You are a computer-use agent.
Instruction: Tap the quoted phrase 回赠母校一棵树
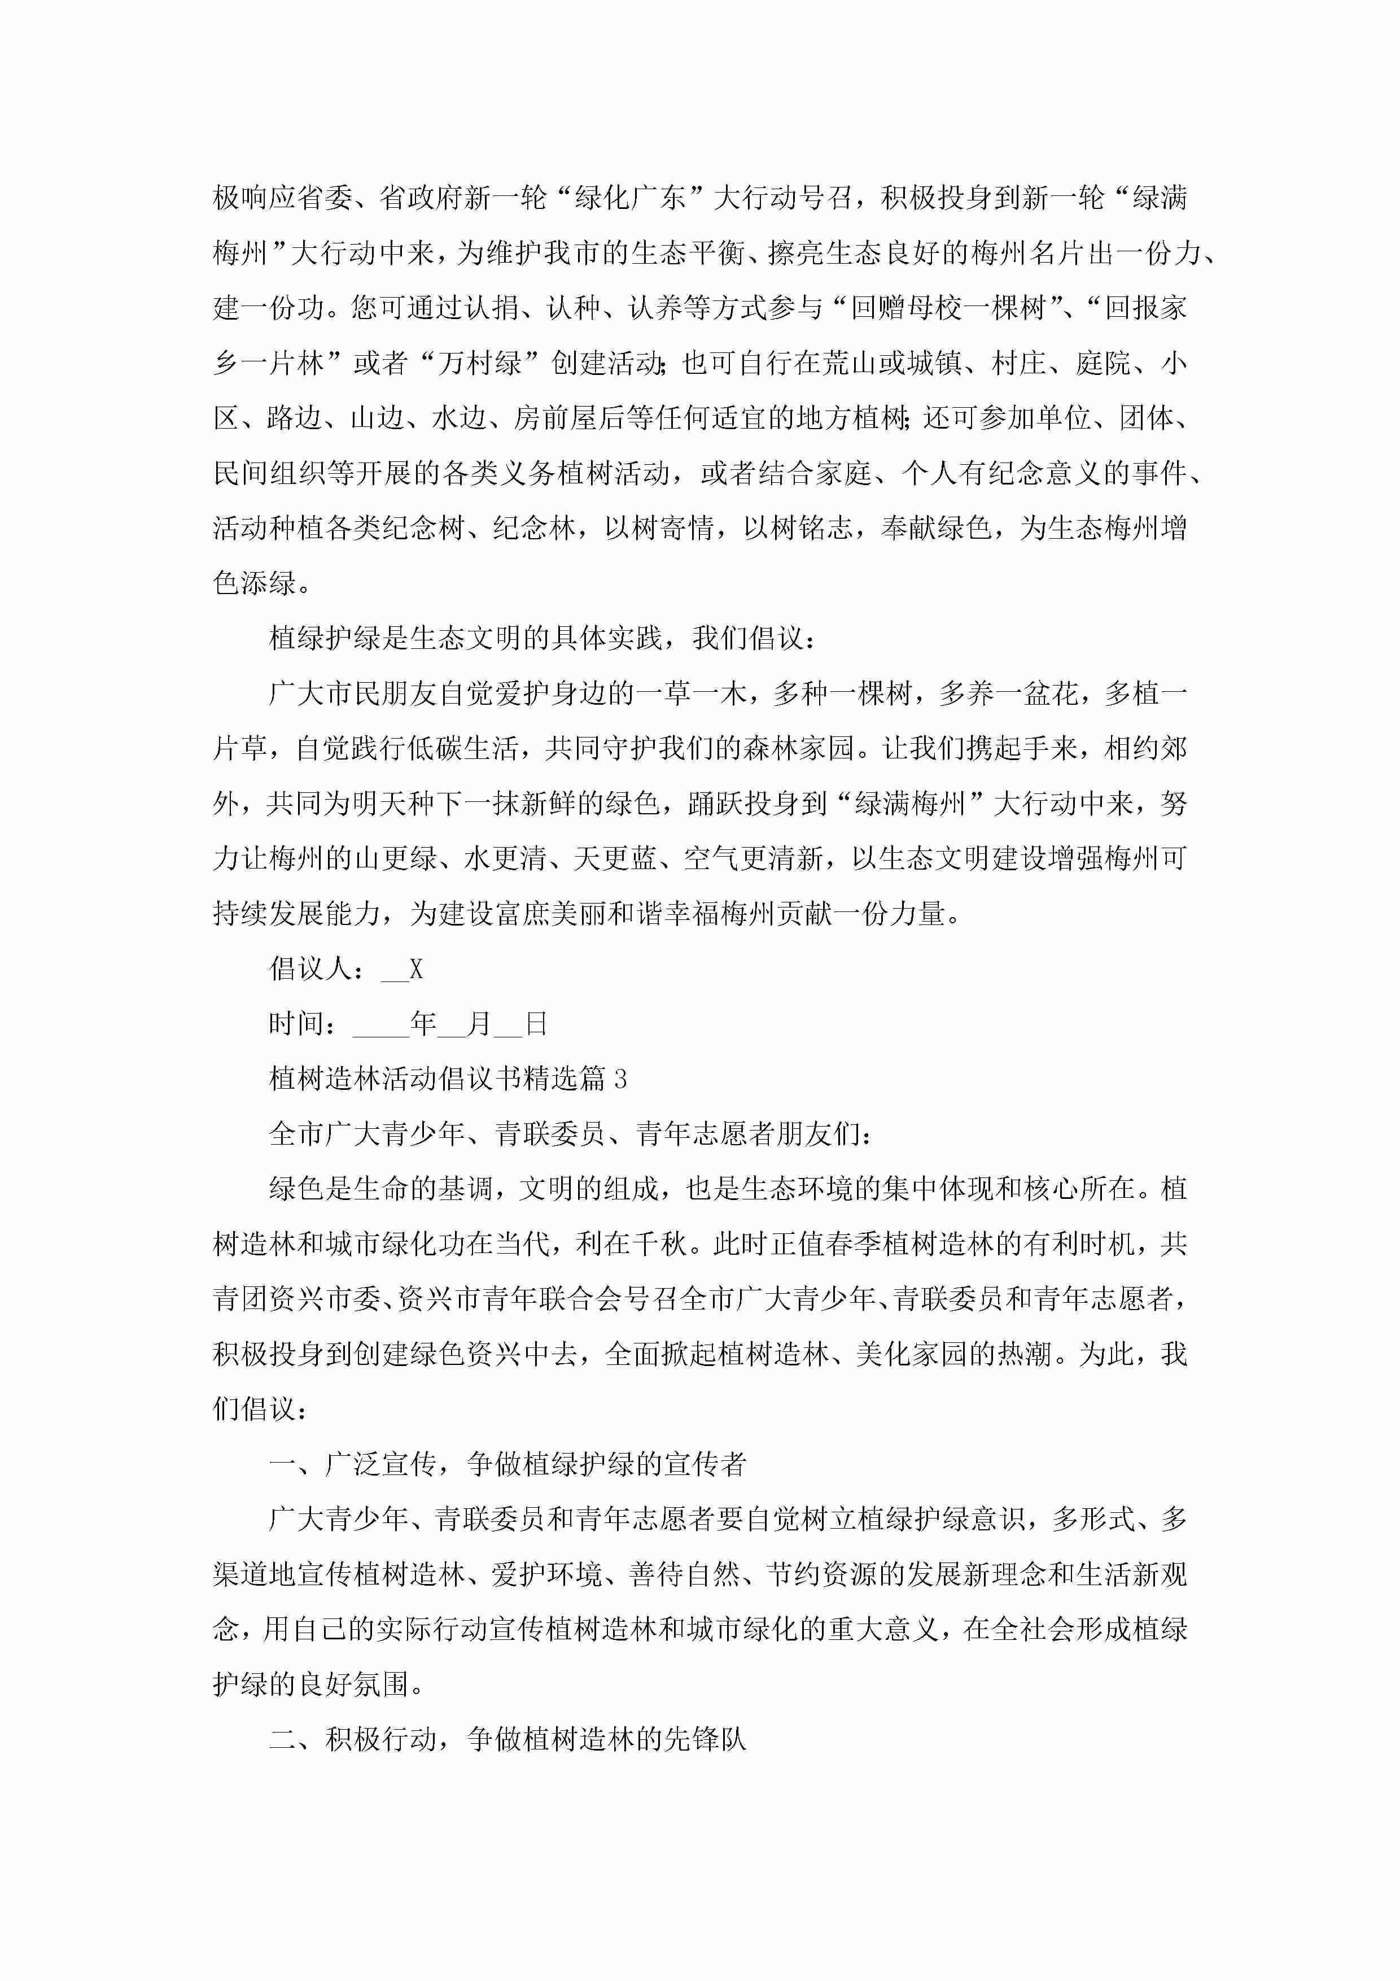click(x=948, y=308)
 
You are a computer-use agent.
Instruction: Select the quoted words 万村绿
click(x=480, y=363)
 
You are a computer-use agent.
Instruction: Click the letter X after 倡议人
click(x=416, y=969)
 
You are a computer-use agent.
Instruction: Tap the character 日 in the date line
click(x=536, y=1024)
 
